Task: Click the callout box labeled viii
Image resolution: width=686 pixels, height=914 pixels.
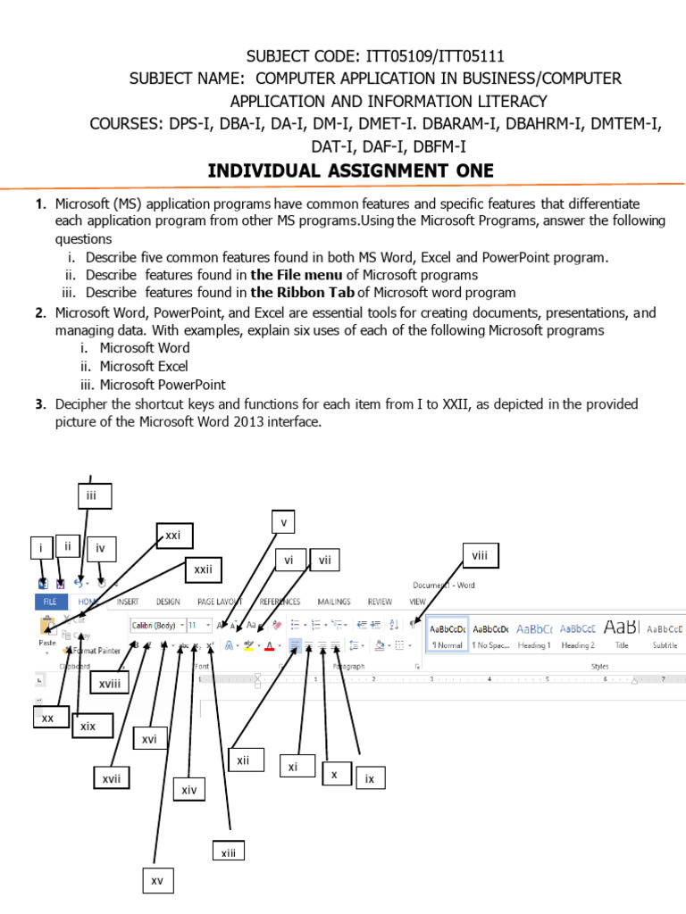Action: [x=480, y=556]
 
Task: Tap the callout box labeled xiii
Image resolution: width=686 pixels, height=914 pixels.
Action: [x=228, y=853]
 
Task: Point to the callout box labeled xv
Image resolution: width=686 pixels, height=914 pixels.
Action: [x=157, y=881]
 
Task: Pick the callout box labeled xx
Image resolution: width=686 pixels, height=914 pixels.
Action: [x=48, y=718]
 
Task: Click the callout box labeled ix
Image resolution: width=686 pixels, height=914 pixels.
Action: [x=370, y=779]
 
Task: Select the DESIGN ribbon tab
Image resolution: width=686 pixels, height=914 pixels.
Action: [x=168, y=602]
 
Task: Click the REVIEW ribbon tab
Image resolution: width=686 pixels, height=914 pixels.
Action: [x=380, y=602]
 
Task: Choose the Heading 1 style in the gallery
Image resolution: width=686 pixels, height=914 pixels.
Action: [x=534, y=635]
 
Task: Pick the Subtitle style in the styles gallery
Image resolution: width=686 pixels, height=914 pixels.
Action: [x=665, y=635]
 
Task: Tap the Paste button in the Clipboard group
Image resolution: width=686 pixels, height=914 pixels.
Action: [x=47, y=631]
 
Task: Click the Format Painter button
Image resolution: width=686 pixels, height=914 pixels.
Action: [x=93, y=652]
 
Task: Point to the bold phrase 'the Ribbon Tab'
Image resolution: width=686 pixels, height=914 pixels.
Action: [x=302, y=292]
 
